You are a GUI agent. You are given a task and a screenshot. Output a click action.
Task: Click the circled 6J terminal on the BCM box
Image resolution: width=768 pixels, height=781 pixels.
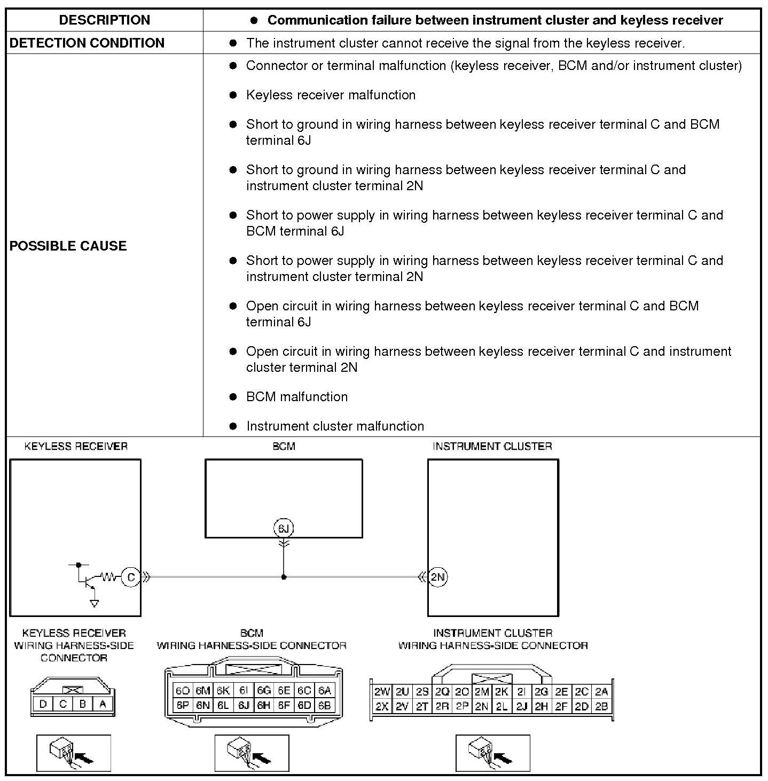(x=284, y=528)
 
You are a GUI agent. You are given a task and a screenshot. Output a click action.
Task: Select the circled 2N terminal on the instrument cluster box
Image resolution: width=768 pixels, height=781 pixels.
(x=438, y=577)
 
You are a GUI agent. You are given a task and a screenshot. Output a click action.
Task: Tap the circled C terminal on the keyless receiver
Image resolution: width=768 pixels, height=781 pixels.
(x=131, y=577)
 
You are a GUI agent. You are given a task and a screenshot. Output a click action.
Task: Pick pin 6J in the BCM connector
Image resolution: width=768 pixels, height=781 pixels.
(x=244, y=705)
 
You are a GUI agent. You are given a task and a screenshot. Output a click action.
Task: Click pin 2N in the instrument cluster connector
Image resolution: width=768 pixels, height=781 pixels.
(x=482, y=706)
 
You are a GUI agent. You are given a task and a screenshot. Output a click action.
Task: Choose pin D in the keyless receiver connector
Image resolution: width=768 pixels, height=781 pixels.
(x=43, y=704)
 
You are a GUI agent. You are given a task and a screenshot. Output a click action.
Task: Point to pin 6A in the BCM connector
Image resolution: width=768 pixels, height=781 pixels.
(x=324, y=691)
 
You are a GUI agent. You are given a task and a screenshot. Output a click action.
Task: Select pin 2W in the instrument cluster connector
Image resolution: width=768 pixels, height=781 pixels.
(x=382, y=692)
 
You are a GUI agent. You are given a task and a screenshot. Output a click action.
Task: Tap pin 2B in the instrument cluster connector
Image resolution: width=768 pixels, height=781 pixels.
(x=601, y=706)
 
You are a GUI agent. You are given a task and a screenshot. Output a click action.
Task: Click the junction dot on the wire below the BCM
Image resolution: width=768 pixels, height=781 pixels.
(x=284, y=577)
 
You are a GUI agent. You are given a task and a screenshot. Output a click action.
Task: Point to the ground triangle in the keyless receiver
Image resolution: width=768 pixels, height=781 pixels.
(x=95, y=604)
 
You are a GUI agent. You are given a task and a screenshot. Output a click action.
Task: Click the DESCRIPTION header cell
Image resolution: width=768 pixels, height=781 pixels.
(x=105, y=20)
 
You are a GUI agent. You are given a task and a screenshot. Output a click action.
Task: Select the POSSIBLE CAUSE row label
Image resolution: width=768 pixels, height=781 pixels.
(x=68, y=246)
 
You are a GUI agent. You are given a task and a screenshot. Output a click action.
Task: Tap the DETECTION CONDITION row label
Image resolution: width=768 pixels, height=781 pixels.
(x=87, y=43)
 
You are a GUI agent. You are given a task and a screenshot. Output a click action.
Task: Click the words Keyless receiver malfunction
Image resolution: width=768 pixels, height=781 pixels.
(x=331, y=95)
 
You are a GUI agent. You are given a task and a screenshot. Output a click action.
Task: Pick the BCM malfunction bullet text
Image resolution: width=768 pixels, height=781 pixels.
(x=296, y=397)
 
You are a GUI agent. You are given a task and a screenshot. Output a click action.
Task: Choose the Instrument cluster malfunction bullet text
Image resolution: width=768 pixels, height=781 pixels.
(x=335, y=426)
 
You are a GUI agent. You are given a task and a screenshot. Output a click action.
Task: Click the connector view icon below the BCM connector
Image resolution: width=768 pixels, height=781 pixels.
(x=252, y=753)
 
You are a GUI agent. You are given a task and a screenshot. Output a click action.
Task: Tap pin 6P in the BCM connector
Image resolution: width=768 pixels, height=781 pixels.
(x=183, y=705)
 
